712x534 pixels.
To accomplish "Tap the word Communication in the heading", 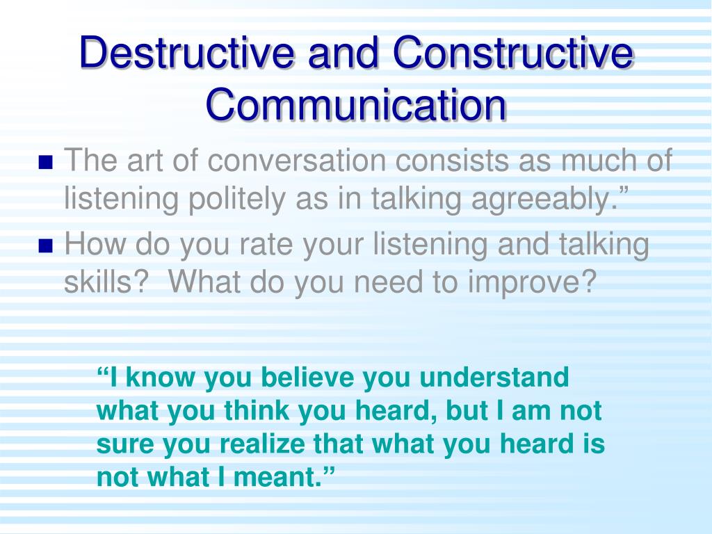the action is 356,105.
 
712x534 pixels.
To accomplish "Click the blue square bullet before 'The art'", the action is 46,162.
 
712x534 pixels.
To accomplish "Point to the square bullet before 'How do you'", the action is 46,245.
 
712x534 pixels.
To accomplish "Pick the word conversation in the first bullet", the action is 297,161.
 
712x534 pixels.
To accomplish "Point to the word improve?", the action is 532,282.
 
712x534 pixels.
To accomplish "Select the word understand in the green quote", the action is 494,378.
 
